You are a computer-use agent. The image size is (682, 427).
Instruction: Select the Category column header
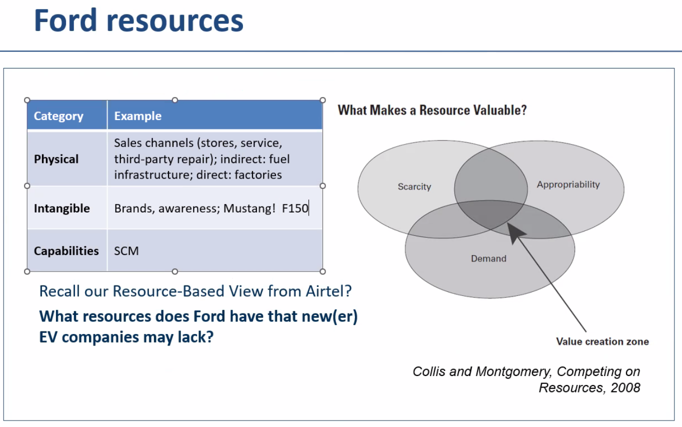click(x=58, y=116)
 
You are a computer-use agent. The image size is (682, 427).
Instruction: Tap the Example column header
click(x=137, y=116)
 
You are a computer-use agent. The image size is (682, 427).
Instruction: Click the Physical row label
click(x=56, y=159)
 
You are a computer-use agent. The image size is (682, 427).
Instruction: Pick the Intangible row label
click(x=61, y=208)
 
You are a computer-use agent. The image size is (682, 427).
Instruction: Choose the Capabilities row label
click(x=66, y=250)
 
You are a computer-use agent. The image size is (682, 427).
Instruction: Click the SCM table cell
click(x=126, y=250)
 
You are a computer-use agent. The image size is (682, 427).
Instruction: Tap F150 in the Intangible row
click(x=295, y=208)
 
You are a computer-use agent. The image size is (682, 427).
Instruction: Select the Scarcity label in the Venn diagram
click(x=414, y=186)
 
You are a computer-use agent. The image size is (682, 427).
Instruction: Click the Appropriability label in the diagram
click(x=568, y=184)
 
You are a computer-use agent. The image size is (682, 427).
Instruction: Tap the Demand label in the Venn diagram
click(x=488, y=258)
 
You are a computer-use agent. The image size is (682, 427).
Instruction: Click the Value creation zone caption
click(x=602, y=341)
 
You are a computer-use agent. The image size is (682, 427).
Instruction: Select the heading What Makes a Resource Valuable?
click(x=432, y=110)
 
